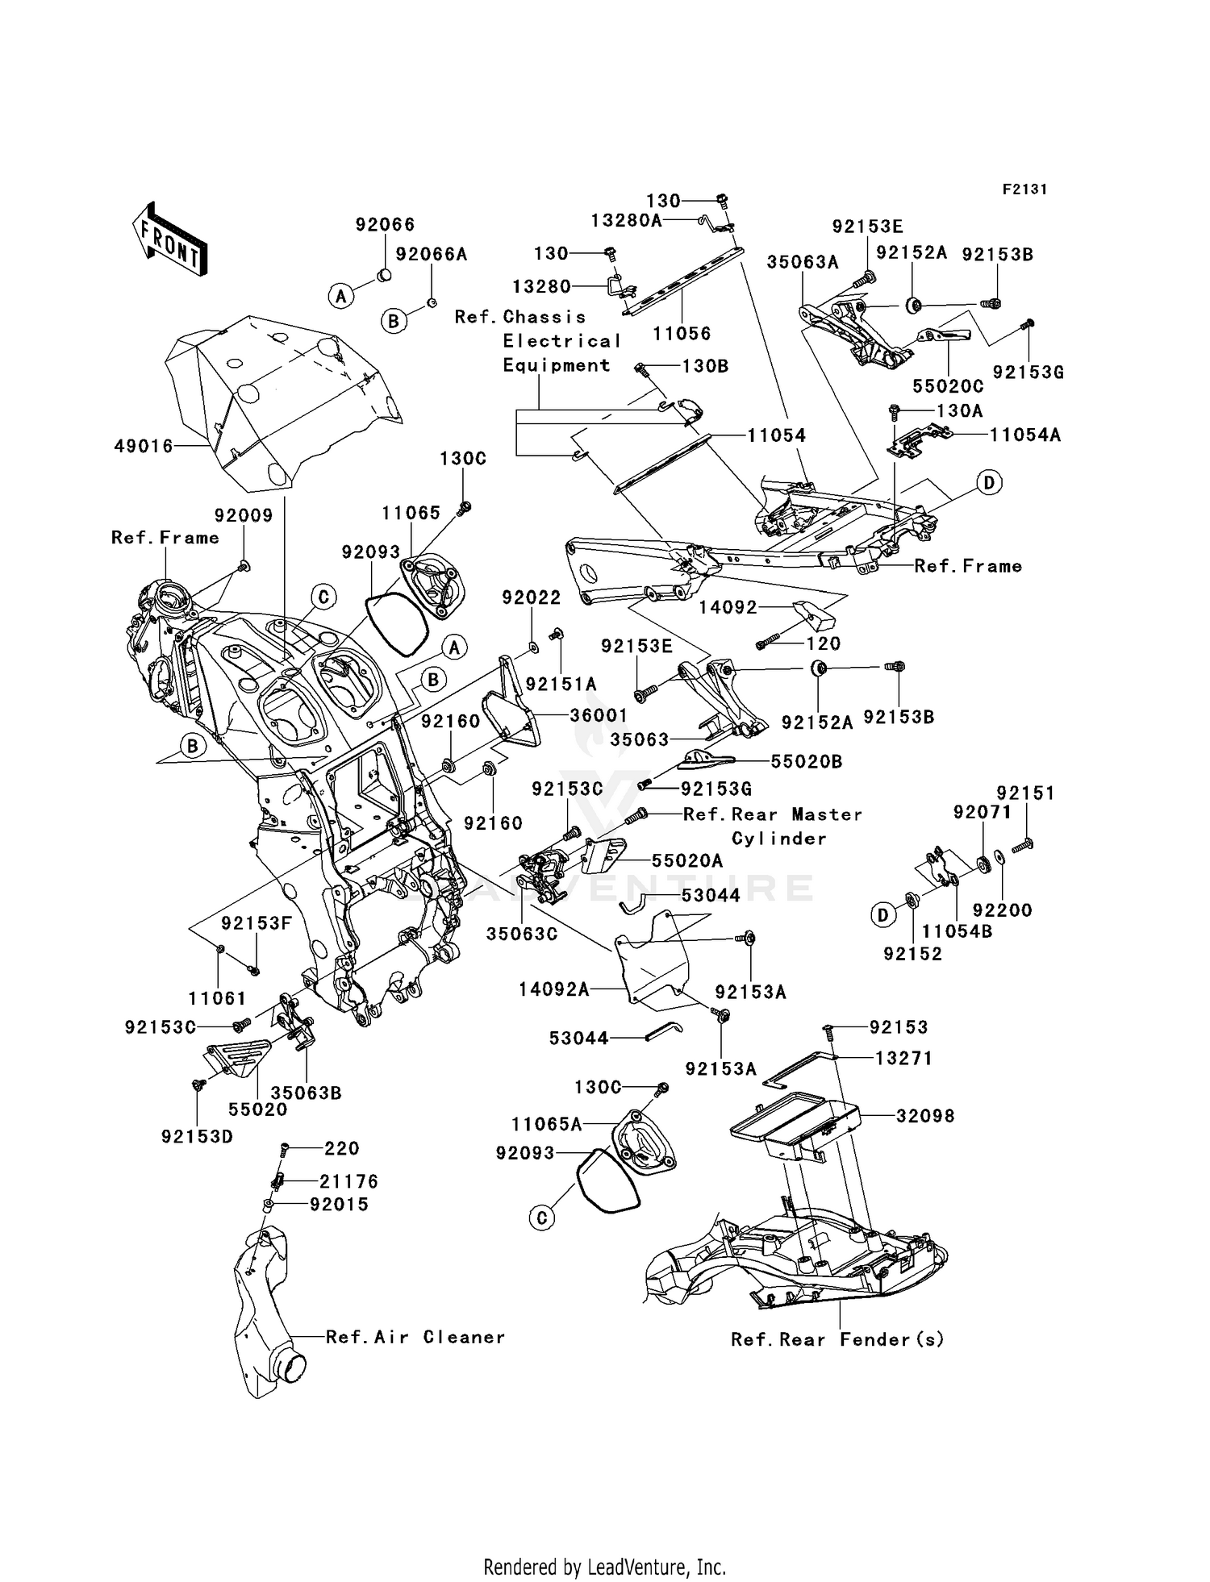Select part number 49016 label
coord(144,445)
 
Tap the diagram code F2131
coord(1024,189)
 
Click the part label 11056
coord(682,333)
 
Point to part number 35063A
coord(803,261)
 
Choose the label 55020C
coord(948,385)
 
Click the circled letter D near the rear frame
coord(989,483)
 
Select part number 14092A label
coord(553,989)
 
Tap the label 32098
coord(925,1116)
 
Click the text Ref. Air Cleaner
coord(415,1337)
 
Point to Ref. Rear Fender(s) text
coord(837,1339)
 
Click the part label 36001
coord(599,715)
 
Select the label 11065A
coord(546,1124)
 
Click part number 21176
coord(348,1181)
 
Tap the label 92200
coord(1002,910)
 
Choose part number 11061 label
coord(217,998)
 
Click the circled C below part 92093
coord(542,1218)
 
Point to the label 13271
coord(903,1058)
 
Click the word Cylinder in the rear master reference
coord(778,839)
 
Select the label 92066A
coord(432,254)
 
